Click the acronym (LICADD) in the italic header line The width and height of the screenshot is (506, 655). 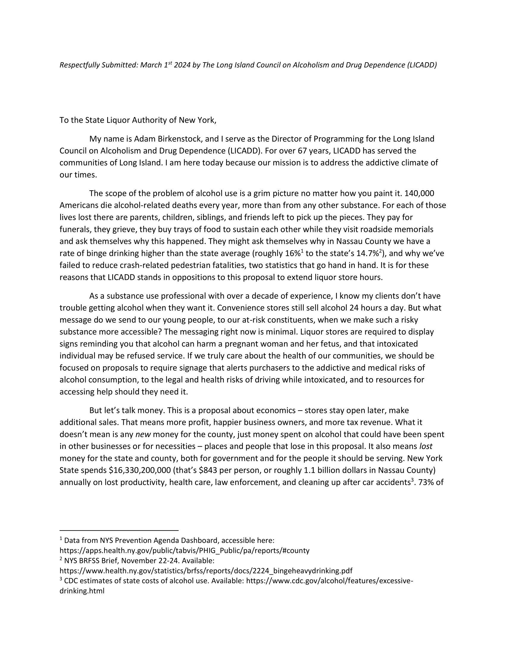pos(422,65)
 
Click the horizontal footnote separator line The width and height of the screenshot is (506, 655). pos(119,531)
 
